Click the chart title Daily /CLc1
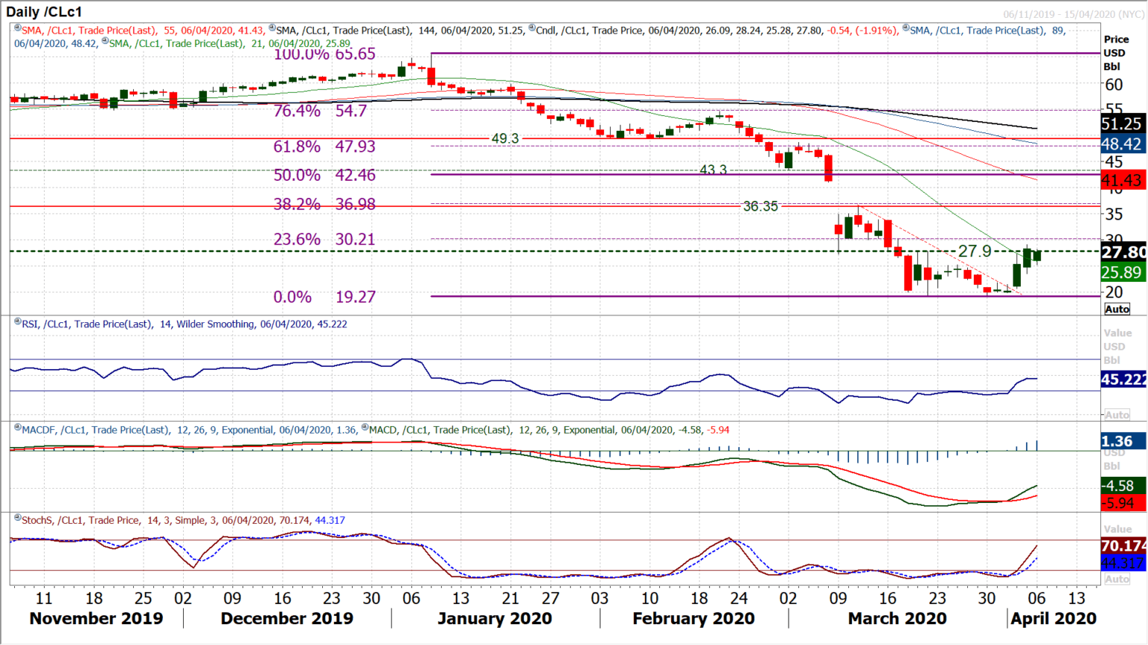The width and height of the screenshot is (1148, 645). [44, 12]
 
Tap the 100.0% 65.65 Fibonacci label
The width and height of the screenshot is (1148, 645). [324, 54]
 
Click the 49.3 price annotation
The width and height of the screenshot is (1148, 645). [504, 138]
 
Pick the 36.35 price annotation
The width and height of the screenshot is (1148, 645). [760, 206]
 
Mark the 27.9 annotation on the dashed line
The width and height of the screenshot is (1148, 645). [975, 251]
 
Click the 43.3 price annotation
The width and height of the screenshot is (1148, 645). [713, 170]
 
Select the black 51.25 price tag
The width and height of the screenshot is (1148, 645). [1122, 124]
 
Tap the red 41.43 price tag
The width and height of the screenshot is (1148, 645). [1122, 180]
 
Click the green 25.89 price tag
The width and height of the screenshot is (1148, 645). [1122, 272]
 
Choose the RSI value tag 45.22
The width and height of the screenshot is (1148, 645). [1122, 380]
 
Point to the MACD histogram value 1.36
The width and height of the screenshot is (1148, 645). [1118, 442]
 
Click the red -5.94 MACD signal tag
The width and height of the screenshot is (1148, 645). [1120, 503]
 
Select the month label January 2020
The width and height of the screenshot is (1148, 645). [495, 619]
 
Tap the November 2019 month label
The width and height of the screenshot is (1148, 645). [96, 619]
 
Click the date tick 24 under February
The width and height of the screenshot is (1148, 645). [738, 598]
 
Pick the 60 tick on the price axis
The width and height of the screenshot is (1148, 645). [1114, 85]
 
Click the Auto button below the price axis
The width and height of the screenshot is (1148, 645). [1117, 309]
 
